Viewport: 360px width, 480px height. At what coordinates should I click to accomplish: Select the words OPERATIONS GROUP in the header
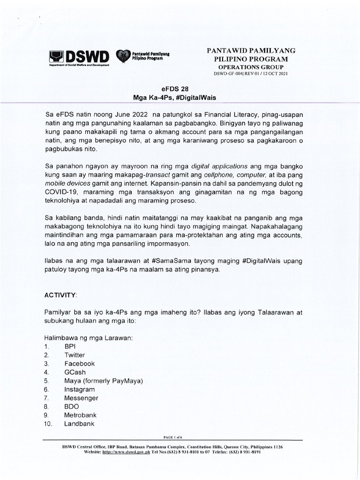(x=251, y=67)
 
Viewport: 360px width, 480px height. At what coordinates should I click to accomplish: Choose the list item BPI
(x=70, y=346)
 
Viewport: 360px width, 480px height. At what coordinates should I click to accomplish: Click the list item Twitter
(x=75, y=355)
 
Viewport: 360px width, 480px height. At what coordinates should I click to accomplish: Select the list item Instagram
(x=80, y=390)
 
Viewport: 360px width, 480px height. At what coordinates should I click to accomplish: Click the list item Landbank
(x=79, y=424)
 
